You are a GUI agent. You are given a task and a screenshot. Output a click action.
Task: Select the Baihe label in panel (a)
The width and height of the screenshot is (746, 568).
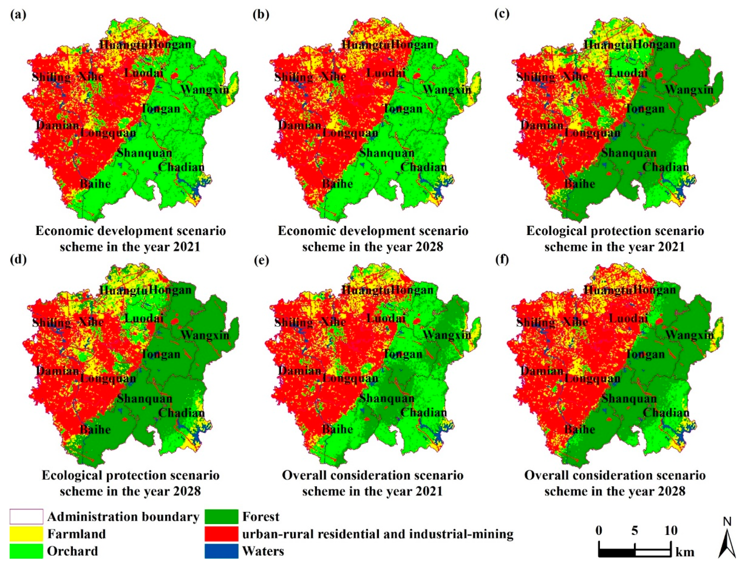(x=95, y=184)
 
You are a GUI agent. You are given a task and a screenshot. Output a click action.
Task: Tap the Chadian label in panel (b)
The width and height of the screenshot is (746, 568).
(x=423, y=167)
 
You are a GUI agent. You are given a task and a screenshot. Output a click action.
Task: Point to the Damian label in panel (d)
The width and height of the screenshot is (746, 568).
(x=58, y=371)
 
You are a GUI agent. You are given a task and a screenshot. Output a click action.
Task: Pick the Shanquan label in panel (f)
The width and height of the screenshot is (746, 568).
(x=629, y=398)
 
